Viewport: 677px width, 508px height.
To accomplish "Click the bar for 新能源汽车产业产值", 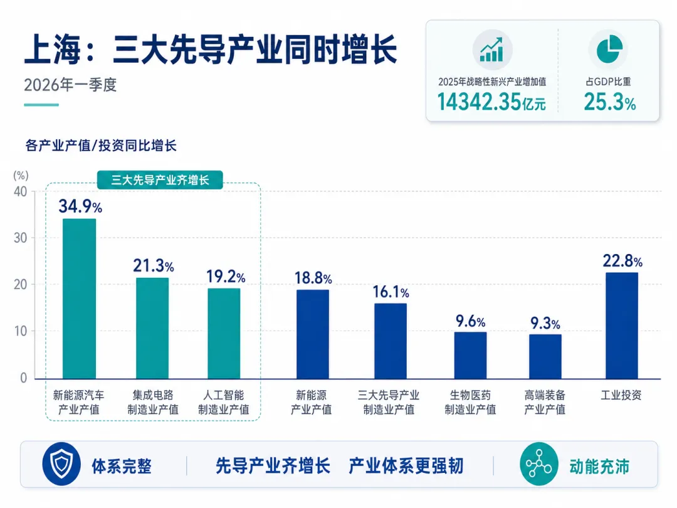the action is click(x=80, y=299).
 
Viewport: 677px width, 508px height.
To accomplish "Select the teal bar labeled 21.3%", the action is click(x=152, y=328).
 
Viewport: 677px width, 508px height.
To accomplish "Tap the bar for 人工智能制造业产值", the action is click(x=224, y=334).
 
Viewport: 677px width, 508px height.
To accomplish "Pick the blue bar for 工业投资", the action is click(x=622, y=325).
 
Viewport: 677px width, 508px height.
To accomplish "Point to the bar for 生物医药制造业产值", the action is click(x=470, y=355).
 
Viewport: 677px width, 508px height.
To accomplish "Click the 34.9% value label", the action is click(x=80, y=206).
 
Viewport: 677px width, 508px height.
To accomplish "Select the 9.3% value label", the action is click(x=545, y=323).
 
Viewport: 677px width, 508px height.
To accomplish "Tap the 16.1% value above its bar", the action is click(x=391, y=292).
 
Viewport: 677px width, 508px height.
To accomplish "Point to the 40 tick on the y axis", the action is click(x=20, y=191).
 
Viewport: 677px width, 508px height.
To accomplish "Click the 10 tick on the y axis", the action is click(x=20, y=331).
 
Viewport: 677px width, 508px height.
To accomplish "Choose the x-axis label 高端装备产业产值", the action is click(x=545, y=402).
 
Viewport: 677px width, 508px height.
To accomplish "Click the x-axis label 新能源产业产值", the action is click(x=311, y=402).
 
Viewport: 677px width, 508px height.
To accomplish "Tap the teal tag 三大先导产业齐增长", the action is click(x=160, y=180).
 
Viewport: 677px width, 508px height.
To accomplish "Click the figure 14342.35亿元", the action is click(x=491, y=102).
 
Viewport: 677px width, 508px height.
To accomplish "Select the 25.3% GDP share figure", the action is click(x=610, y=102).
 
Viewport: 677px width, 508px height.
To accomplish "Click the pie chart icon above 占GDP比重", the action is click(x=609, y=50).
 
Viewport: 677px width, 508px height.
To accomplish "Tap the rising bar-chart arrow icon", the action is click(x=492, y=50).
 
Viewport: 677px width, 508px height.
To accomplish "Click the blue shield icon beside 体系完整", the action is click(x=61, y=464).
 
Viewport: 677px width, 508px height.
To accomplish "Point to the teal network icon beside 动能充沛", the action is click(x=539, y=464).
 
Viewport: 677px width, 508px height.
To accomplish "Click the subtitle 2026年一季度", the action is click(x=70, y=85).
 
